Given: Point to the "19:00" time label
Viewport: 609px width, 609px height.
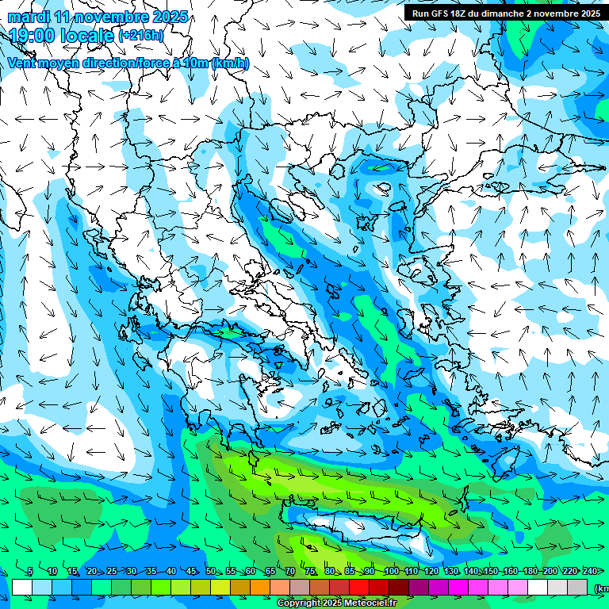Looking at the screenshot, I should (x=36, y=36).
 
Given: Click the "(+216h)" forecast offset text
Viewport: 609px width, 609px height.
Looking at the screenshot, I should (x=141, y=36).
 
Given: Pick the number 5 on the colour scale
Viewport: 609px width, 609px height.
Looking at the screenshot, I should (x=30, y=572).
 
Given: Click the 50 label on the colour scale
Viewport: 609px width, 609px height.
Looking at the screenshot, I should (x=211, y=572).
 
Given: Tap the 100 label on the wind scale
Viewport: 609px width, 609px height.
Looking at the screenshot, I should (x=391, y=572).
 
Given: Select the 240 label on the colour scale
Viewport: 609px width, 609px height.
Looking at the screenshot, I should (x=589, y=572).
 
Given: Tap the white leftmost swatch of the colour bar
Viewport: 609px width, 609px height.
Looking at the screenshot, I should (x=22, y=588).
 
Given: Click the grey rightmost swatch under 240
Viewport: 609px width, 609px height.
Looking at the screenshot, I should (x=578, y=588).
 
